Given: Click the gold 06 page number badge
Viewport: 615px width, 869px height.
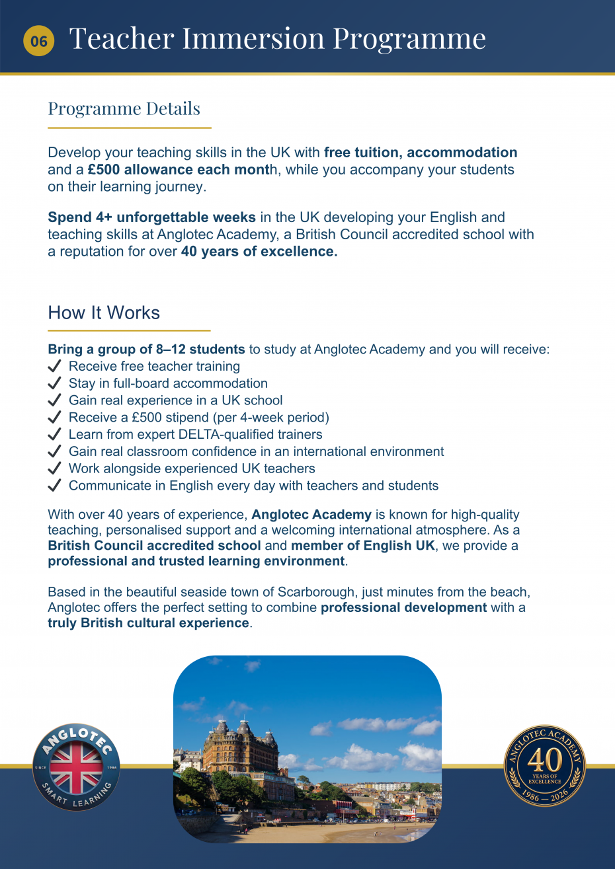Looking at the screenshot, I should [x=38, y=41].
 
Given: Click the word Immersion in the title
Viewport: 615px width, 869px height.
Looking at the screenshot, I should [x=253, y=38].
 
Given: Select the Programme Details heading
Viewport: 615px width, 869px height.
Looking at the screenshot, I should [x=124, y=108].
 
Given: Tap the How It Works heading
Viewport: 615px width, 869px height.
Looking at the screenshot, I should [x=104, y=313].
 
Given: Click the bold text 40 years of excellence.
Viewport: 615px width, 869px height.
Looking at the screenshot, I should [x=259, y=252].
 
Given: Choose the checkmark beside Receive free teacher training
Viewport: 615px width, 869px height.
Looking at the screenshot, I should [x=55, y=366].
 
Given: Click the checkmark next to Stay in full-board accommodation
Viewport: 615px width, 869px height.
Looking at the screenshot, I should [x=55, y=383].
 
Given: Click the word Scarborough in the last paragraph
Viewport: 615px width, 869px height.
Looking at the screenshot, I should [x=319, y=591].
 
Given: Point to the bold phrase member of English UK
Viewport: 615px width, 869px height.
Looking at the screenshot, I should [x=363, y=546].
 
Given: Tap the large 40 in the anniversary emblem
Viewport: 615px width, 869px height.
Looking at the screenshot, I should [x=545, y=760].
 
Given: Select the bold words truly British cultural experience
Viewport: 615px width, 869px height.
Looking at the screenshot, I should [x=149, y=623].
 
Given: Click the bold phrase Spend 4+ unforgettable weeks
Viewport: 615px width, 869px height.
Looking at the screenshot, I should [x=151, y=217].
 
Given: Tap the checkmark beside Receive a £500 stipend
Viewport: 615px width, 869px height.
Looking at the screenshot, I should [x=55, y=418].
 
